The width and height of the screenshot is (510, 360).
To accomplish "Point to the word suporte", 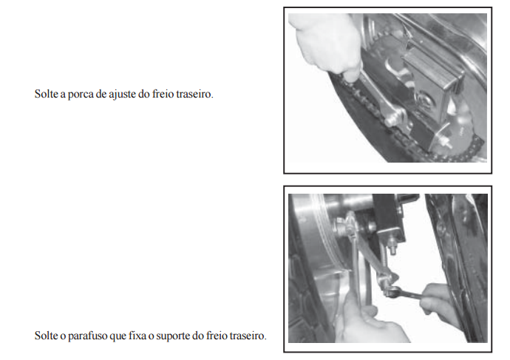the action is point(174,336).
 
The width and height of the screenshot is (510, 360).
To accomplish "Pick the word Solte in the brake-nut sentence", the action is point(46,94).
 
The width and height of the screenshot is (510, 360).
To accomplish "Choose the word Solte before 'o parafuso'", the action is point(46,336).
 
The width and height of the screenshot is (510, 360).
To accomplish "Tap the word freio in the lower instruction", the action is point(217,336).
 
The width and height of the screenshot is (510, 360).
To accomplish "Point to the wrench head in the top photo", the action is point(395,116).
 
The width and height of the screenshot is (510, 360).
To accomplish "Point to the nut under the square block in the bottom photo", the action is point(392,248).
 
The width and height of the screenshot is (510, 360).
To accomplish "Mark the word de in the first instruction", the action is point(101,94).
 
